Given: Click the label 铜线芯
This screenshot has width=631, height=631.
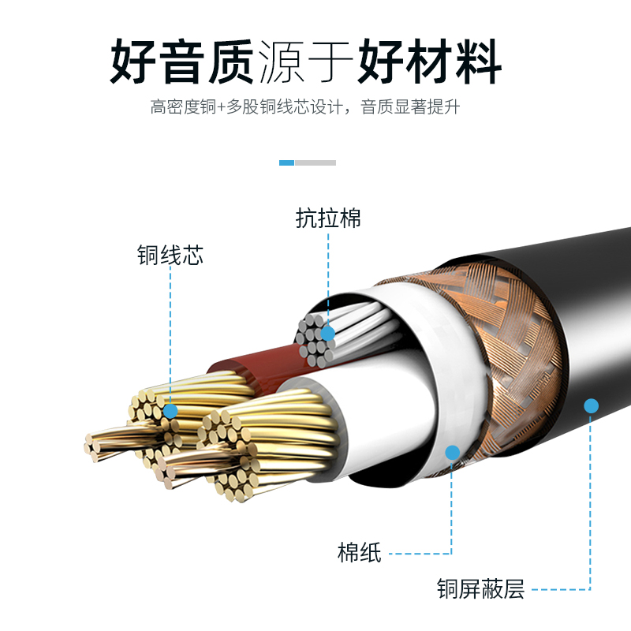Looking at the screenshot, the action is point(170,256).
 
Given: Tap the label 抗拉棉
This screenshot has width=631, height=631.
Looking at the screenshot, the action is point(328,218).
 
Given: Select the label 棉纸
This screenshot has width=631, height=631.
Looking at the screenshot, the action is point(359,553).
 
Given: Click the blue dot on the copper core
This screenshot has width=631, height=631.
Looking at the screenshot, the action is point(170,411).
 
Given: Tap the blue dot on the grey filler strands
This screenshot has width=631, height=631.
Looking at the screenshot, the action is point(327,334).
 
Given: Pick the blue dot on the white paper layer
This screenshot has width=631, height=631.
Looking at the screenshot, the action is point(452,453).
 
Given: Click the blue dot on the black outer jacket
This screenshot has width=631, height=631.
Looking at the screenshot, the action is point(591,406).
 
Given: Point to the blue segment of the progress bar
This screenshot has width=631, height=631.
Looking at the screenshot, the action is point(286,162).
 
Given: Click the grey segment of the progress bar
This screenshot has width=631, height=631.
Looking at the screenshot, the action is point(315,162).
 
